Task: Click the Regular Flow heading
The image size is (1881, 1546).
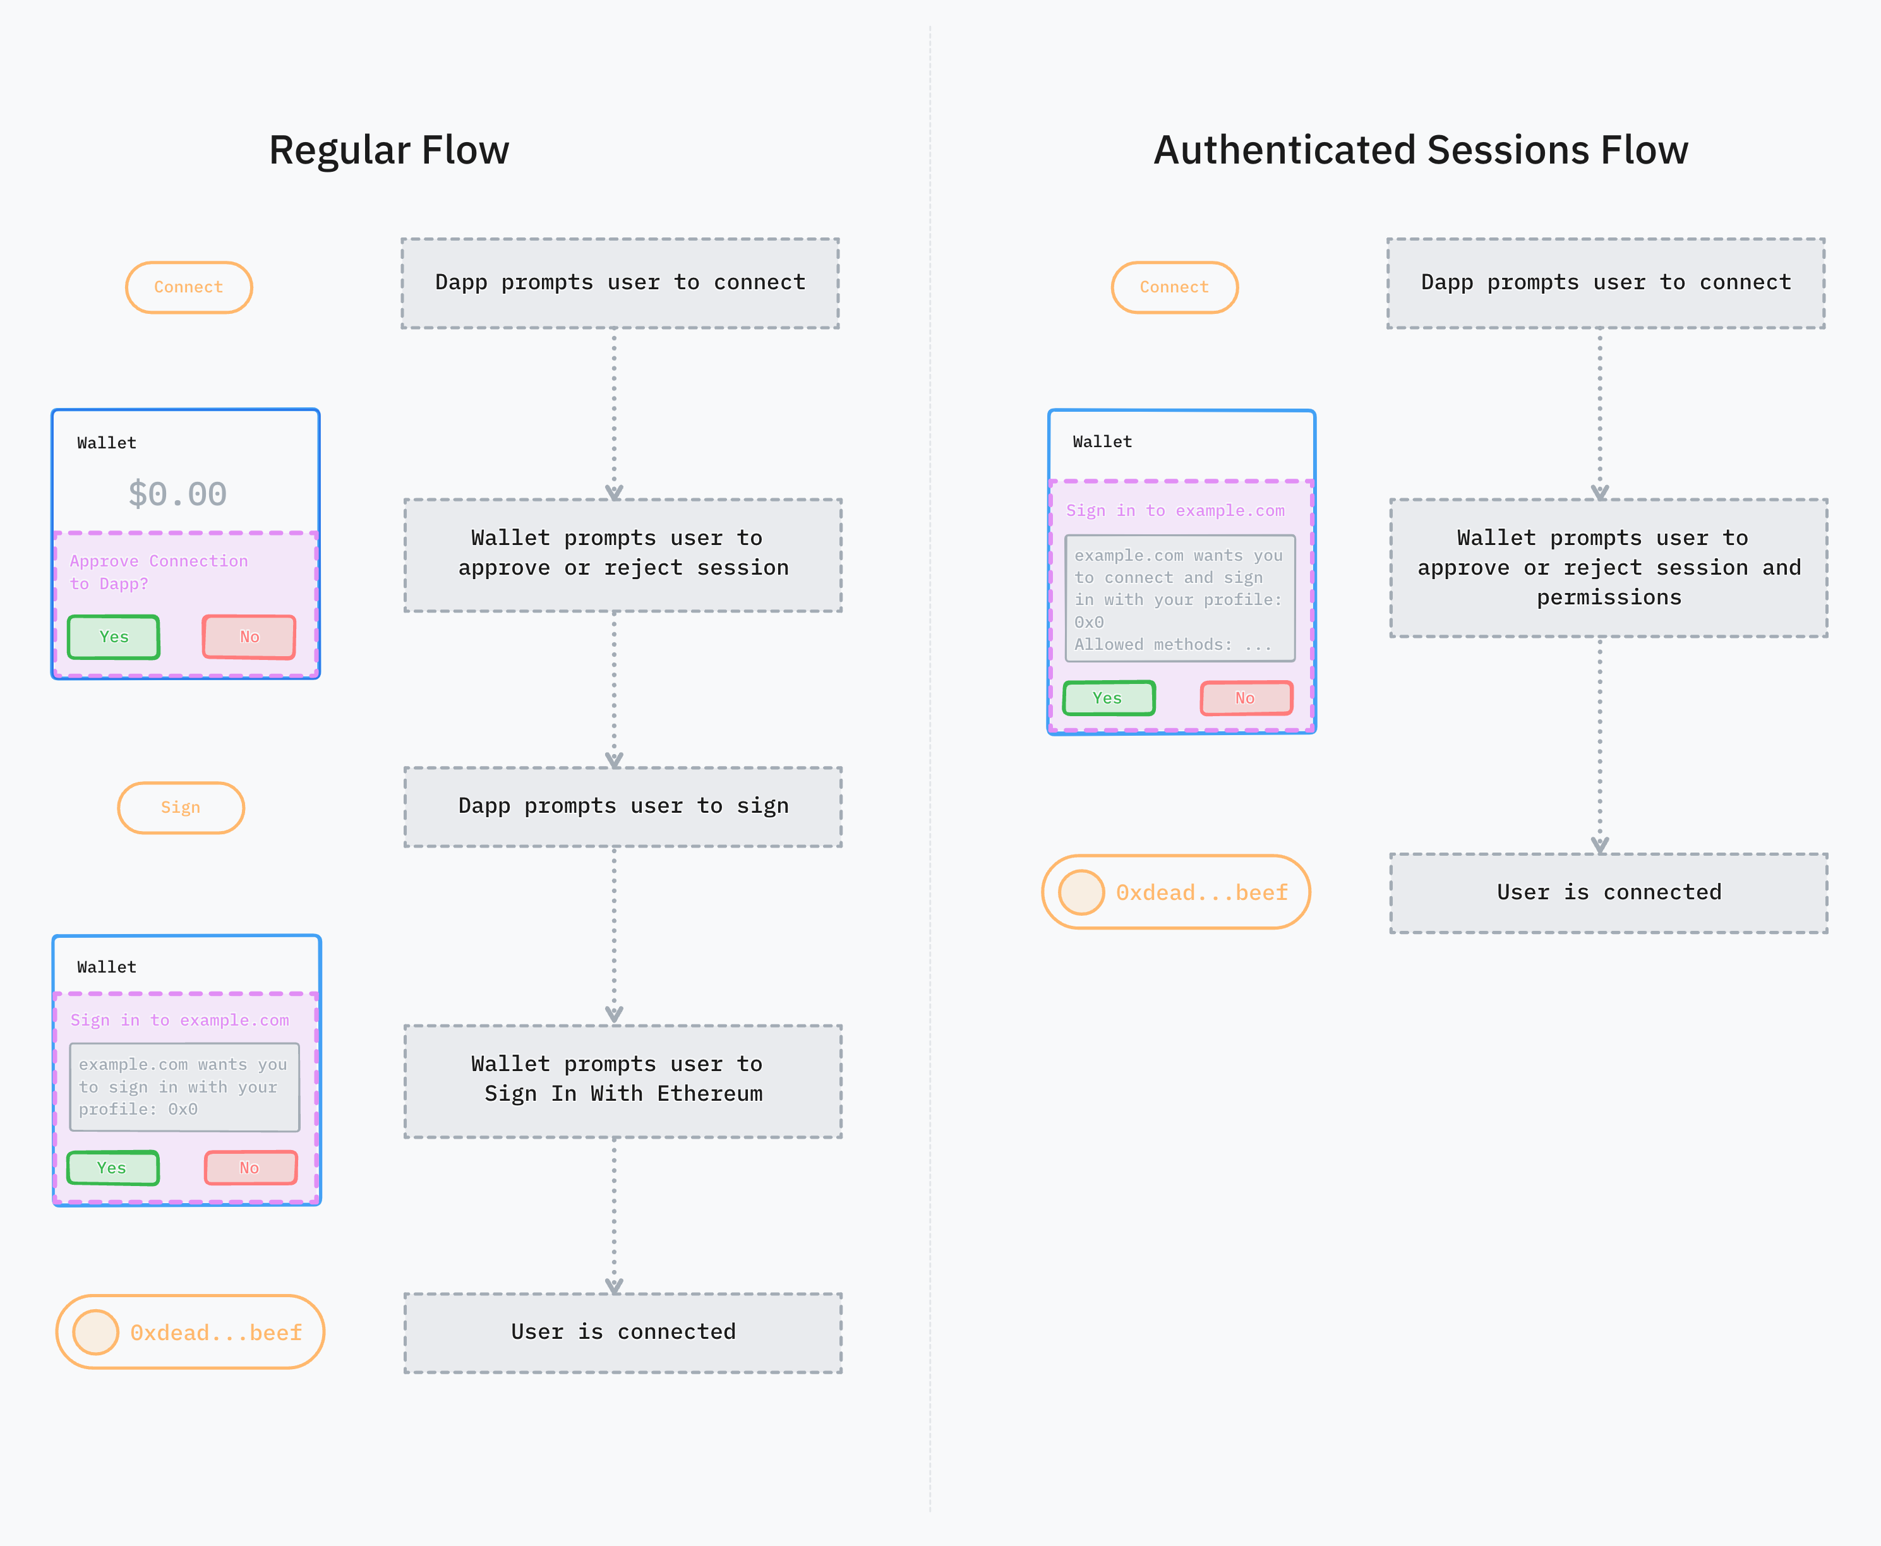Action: coord(389,150)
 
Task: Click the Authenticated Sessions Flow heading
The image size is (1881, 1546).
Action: coord(1420,150)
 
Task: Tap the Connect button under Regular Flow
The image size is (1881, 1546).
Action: coord(189,287)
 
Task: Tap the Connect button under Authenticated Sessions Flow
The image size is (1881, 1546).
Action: coord(1174,287)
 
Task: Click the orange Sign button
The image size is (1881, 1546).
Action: coord(181,808)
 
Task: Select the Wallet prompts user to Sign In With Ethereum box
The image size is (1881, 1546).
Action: coord(623,1080)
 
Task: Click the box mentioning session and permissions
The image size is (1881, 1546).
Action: coord(1609,567)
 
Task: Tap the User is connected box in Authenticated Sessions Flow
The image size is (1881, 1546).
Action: coord(1609,893)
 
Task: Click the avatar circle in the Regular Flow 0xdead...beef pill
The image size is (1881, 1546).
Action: coord(95,1333)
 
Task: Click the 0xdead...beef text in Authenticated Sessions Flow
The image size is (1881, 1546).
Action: coord(1201,893)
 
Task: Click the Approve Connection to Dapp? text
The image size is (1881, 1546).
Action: coord(159,572)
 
